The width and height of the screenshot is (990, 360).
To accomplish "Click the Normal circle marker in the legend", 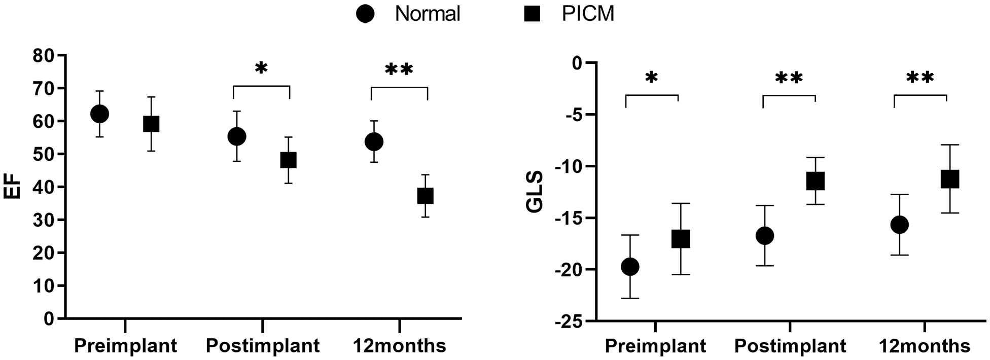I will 365,14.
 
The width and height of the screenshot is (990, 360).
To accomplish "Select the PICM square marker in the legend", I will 531,14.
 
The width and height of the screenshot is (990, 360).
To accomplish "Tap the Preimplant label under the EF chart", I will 126,346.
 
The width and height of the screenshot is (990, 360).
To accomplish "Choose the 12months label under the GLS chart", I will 924,346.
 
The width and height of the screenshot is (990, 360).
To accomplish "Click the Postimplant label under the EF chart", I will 263,346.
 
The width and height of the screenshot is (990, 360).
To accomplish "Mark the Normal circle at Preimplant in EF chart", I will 99,114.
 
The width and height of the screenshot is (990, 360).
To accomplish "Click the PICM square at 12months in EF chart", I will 425,196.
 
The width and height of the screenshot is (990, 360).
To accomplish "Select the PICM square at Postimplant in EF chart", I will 288,160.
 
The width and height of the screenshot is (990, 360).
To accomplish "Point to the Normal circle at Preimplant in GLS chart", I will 630,267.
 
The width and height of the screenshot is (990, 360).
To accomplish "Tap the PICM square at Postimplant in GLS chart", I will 815,181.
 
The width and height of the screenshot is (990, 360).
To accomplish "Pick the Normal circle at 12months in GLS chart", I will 899,225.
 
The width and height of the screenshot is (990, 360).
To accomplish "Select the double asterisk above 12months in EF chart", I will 399,69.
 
